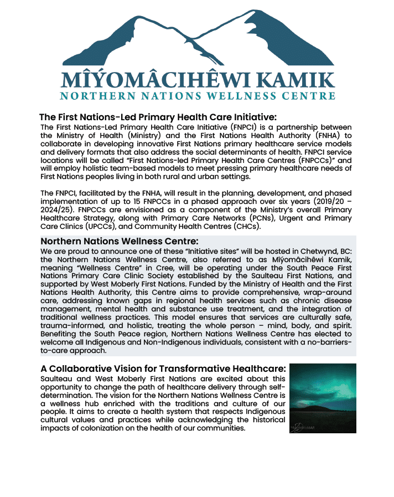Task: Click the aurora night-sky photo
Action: (323, 398)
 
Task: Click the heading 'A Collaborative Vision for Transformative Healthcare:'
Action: (163, 368)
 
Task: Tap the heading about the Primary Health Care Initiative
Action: (158, 117)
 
